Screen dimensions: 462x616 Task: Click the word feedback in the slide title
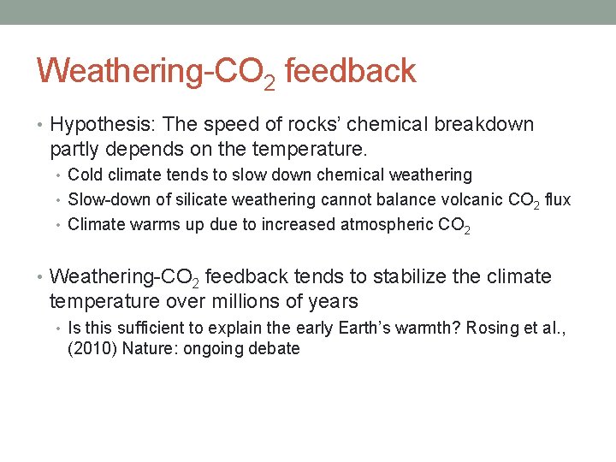350,70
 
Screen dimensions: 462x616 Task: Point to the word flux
557,200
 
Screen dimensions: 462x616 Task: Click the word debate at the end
272,349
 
